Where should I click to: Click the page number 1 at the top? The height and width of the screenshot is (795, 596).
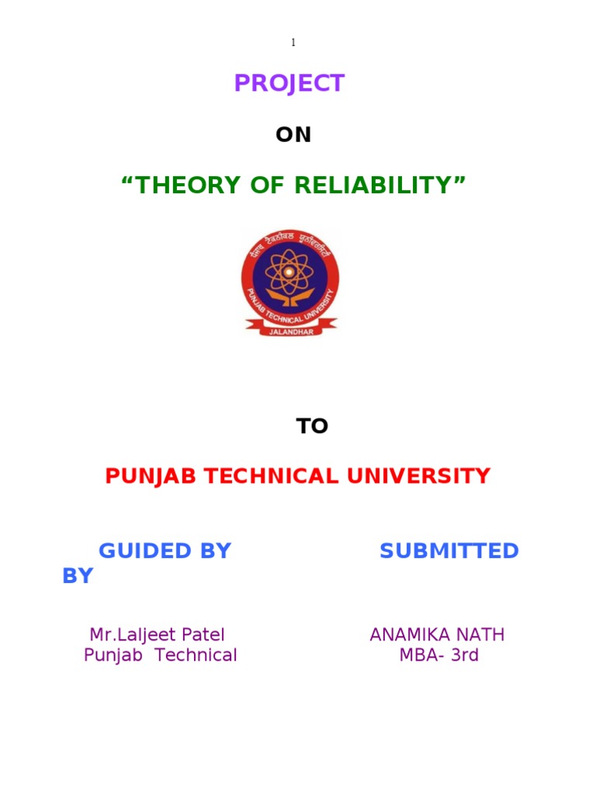(293, 43)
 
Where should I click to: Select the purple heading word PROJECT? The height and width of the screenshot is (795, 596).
(289, 84)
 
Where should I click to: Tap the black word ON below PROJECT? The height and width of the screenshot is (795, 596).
(293, 135)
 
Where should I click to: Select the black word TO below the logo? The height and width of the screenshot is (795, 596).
(312, 426)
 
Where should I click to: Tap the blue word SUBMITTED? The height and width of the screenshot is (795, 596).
(449, 551)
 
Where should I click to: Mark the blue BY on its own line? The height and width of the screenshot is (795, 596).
(78, 576)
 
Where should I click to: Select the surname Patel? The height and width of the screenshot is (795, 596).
(203, 635)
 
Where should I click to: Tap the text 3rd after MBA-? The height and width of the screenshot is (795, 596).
(465, 655)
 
